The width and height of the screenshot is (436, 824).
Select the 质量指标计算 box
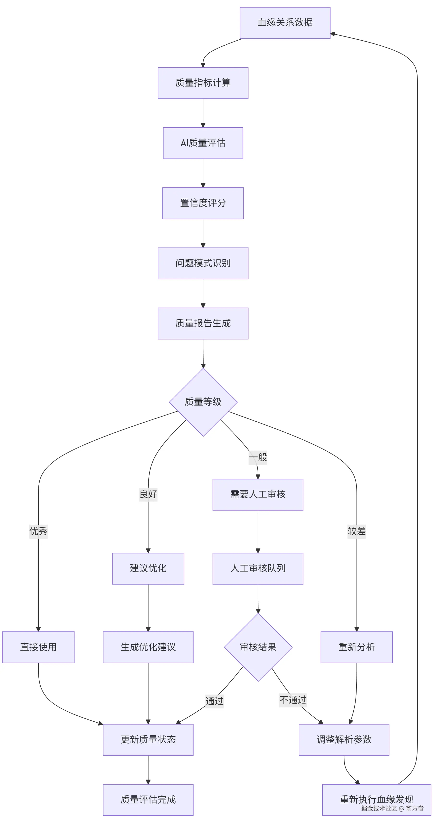point(203,83)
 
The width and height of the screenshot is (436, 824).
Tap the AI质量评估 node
point(203,143)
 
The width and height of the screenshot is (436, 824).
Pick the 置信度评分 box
point(203,203)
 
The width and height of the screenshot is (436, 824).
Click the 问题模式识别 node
point(203,263)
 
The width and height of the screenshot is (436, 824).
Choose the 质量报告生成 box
point(203,323)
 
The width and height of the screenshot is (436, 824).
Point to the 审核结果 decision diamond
point(258,647)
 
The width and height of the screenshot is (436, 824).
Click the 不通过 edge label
point(293,700)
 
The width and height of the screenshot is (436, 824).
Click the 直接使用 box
point(38,647)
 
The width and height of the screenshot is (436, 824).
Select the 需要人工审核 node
point(258,495)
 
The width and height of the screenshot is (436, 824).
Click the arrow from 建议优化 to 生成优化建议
point(148,608)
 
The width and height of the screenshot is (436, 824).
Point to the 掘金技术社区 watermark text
point(379,808)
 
